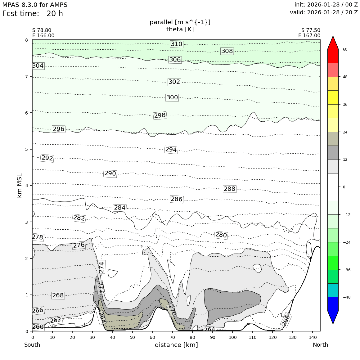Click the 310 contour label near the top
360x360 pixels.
177,44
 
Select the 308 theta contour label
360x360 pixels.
227,51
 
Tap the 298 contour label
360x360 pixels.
160,115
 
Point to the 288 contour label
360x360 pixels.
229,189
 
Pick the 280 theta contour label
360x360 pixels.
221,235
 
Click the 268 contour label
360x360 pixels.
58,295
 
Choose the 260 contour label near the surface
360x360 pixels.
38,327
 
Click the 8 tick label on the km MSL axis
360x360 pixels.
27,40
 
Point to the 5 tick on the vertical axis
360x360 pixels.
27,149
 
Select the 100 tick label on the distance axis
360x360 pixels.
232,337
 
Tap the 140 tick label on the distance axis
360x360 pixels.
313,337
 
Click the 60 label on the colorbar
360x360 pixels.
345,49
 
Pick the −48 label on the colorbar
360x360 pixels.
346,297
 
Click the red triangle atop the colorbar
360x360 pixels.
333,43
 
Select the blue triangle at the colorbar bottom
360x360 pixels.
333,317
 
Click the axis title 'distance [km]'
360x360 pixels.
176,345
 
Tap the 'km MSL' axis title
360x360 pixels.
20,185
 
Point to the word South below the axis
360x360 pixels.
32,345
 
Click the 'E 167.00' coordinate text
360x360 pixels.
309,36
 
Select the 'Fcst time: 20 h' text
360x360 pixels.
33,14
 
